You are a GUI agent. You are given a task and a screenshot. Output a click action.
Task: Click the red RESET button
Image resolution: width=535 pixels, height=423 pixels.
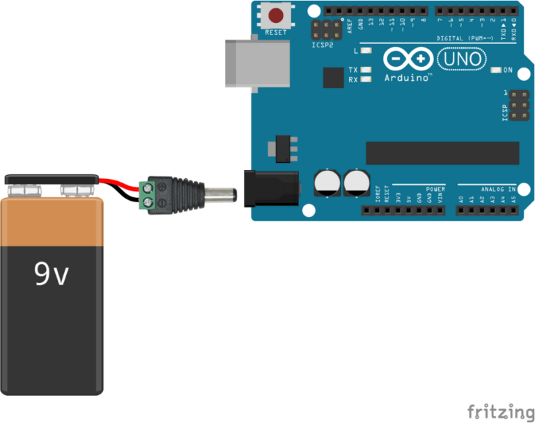[277, 15]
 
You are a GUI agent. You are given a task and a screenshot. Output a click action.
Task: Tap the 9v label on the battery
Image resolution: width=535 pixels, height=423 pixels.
[52, 275]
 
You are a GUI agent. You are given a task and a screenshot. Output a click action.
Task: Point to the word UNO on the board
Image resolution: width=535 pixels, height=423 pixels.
[463, 59]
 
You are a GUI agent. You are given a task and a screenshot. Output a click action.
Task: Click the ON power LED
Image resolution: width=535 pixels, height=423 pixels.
[495, 70]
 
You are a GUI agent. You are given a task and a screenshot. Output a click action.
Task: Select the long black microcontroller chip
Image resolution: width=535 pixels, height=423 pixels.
[442, 153]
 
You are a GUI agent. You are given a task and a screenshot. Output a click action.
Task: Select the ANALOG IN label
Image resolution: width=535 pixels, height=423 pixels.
[497, 189]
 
